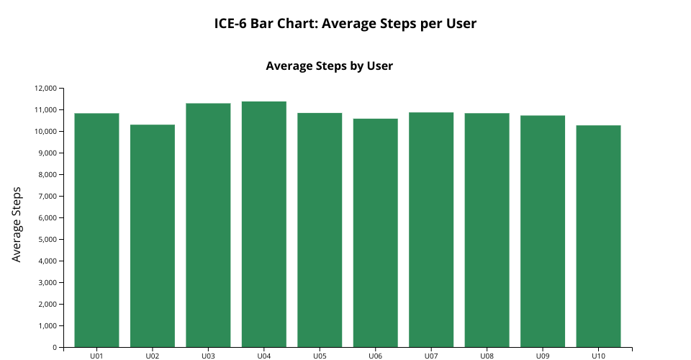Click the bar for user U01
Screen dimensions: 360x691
tap(96, 230)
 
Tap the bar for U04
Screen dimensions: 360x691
tap(263, 224)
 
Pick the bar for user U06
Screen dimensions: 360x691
tap(375, 233)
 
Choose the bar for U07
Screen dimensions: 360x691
tap(430, 230)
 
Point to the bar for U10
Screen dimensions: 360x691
tap(598, 236)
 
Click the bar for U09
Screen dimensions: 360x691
tap(542, 231)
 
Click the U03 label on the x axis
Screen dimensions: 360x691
tap(208, 356)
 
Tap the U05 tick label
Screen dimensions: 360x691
tap(320, 356)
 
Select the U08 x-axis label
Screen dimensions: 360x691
tap(487, 356)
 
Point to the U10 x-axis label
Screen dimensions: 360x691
tap(598, 356)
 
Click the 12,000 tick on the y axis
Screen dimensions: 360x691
tap(45, 89)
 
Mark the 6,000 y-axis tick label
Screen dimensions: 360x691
tap(47, 218)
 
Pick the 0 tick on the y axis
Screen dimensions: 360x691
tap(54, 348)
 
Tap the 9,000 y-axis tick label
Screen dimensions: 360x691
tap(47, 153)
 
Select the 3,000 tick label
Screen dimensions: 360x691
tap(47, 283)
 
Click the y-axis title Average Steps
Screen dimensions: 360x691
tap(17, 224)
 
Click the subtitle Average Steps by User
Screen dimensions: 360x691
tap(329, 66)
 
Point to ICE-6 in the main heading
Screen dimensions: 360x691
tap(230, 24)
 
